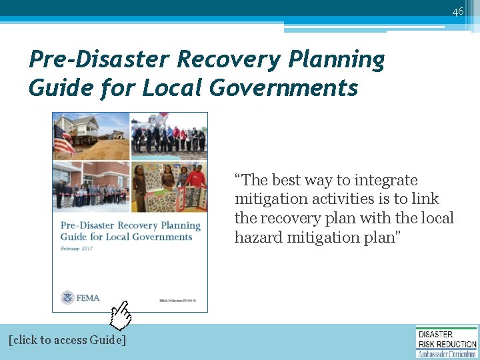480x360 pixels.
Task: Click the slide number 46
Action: [457, 11]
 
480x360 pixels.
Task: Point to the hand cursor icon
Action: [121, 315]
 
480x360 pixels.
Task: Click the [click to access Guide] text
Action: [67, 340]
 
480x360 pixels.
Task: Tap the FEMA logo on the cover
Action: [81, 297]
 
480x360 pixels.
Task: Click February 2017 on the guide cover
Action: [79, 248]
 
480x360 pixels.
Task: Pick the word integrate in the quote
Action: [386, 180]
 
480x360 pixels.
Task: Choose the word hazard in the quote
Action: [257, 237]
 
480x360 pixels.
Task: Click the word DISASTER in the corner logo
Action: [435, 334]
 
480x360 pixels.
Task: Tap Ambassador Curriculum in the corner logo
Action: [447, 353]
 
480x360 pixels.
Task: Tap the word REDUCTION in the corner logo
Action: [459, 344]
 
